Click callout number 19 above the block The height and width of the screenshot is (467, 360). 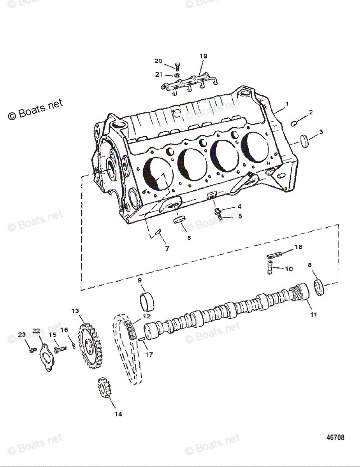point(203,56)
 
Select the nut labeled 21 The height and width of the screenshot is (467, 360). point(176,75)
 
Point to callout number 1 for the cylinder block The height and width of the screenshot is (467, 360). point(287,104)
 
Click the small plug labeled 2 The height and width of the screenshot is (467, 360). point(295,123)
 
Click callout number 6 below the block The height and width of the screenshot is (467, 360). point(189,237)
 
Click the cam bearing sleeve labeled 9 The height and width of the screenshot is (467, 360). point(146,301)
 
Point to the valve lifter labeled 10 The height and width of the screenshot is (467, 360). point(270,268)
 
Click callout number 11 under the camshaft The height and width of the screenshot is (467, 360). point(314,314)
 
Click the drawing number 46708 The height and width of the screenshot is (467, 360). point(335,437)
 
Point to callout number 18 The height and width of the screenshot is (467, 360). point(298,247)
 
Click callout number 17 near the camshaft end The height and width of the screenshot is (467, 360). point(149,355)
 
